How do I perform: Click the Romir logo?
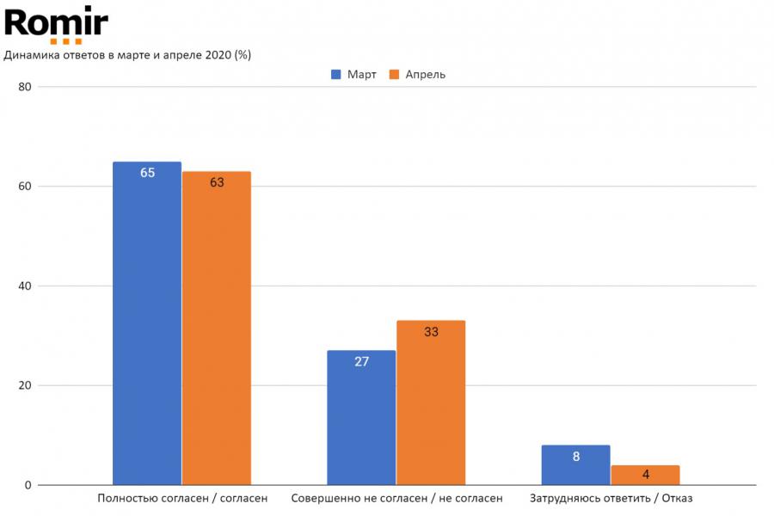(x=57, y=23)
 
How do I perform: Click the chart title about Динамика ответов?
(x=128, y=55)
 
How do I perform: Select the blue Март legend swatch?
(x=337, y=75)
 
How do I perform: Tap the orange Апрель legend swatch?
(x=396, y=75)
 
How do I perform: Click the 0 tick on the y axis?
(x=28, y=485)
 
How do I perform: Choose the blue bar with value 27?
(x=361, y=418)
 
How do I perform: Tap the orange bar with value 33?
(x=431, y=402)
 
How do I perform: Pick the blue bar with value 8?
(x=576, y=465)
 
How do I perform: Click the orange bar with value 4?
(x=645, y=475)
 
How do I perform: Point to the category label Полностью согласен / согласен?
(x=182, y=498)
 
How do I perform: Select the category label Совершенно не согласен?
(x=396, y=498)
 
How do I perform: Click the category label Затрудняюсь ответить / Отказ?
(x=611, y=498)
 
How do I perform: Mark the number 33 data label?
(x=431, y=332)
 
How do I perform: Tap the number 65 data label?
(x=147, y=173)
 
